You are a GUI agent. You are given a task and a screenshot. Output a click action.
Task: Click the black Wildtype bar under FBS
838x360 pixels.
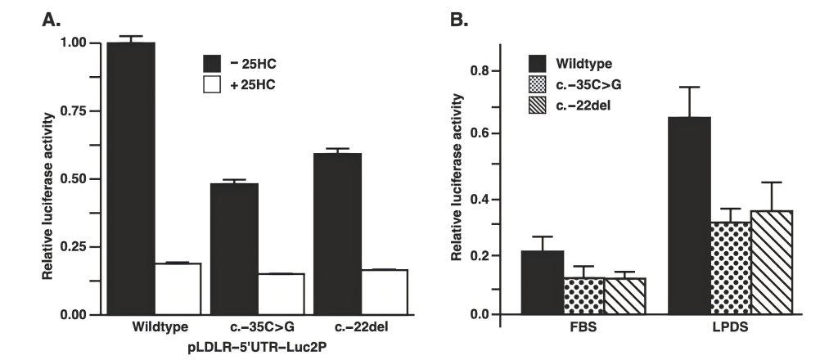pyautogui.click(x=542, y=282)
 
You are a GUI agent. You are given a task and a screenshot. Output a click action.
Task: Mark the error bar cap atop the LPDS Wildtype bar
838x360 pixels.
pyautogui.click(x=688, y=87)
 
